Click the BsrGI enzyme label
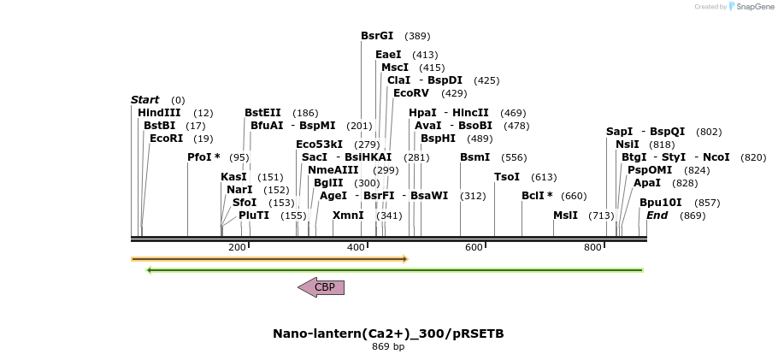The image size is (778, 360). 377,36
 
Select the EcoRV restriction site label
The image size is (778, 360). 411,93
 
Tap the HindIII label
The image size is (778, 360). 159,113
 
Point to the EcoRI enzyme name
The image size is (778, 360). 166,139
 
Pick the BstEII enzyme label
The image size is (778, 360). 262,113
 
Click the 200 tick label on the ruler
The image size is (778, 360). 237,247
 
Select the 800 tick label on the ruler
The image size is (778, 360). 592,247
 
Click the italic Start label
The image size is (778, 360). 144,100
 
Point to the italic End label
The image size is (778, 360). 657,215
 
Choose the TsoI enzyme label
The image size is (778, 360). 507,177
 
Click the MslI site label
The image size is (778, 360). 565,215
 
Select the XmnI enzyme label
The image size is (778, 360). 348,215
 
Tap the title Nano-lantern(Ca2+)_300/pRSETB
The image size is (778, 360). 388,333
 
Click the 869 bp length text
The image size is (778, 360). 388,346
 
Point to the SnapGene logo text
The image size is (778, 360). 753,7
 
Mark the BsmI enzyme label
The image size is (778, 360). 475,157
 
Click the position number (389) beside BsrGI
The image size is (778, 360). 417,36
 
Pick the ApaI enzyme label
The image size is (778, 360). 647,183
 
